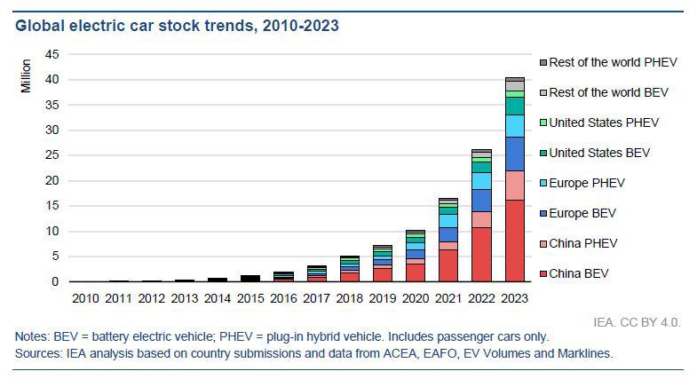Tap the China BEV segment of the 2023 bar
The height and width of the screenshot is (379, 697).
click(515, 241)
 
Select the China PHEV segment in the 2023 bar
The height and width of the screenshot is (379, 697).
click(515, 186)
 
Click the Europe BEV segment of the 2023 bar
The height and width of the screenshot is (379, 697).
click(515, 154)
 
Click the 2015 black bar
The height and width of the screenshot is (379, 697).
click(250, 279)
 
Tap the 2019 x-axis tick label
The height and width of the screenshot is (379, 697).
click(382, 297)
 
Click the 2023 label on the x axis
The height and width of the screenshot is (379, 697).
click(515, 297)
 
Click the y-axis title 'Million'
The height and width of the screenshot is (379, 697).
click(26, 75)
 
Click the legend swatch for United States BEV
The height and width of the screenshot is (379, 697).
click(543, 154)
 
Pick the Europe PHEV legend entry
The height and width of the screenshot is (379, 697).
click(587, 184)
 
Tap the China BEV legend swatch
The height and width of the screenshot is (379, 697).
click(543, 274)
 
